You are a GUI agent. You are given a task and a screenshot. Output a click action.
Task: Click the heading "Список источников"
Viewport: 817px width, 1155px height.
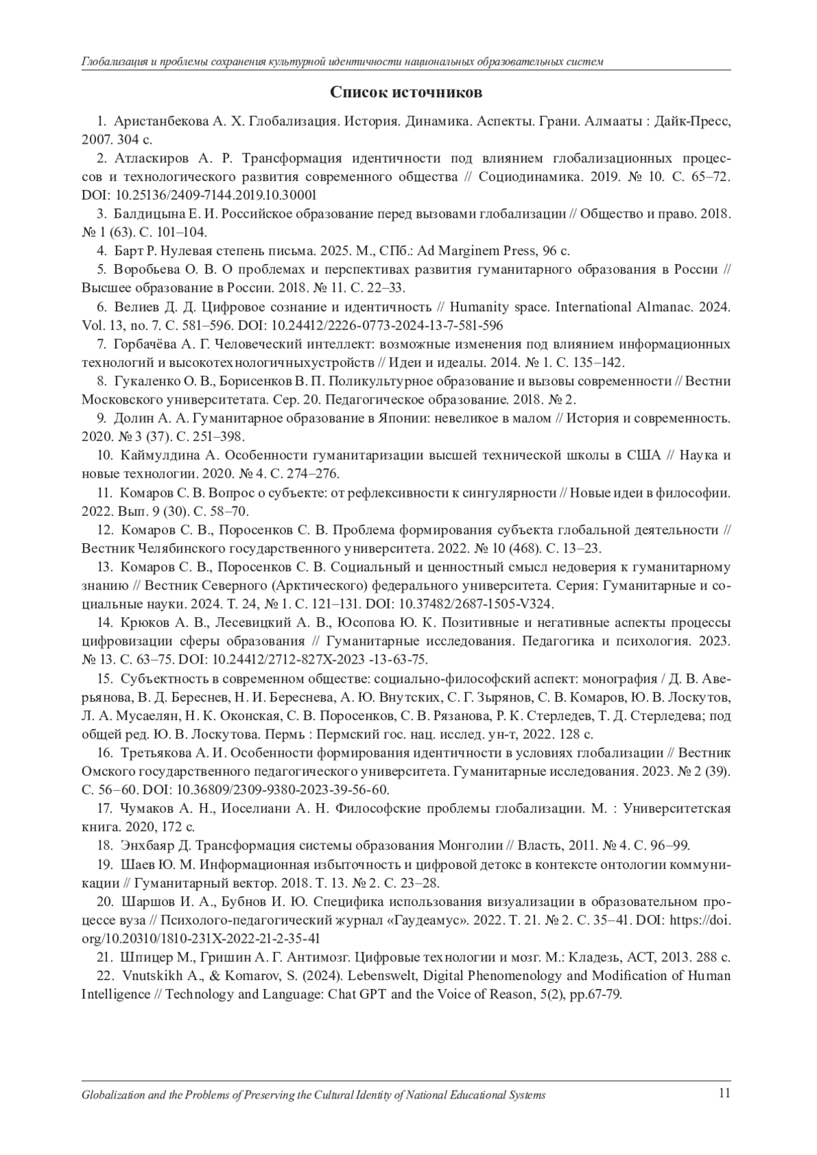point(406,92)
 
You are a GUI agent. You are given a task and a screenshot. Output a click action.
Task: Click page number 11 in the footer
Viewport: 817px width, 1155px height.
point(724,1094)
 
